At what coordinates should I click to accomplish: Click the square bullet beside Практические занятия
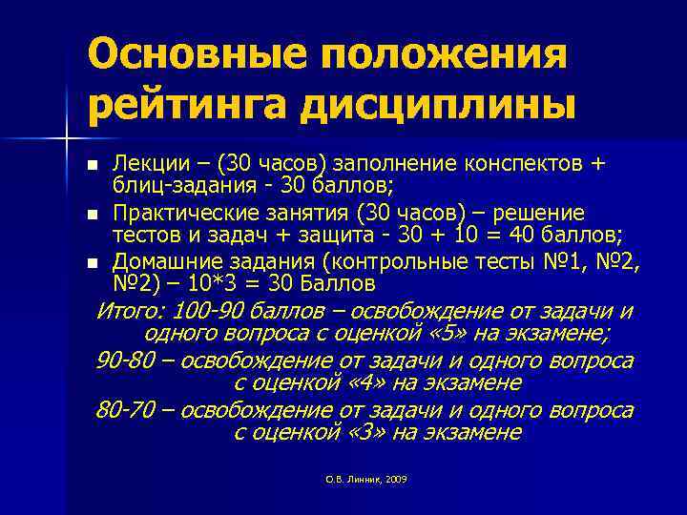93,212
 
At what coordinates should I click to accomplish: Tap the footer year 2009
397,479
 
